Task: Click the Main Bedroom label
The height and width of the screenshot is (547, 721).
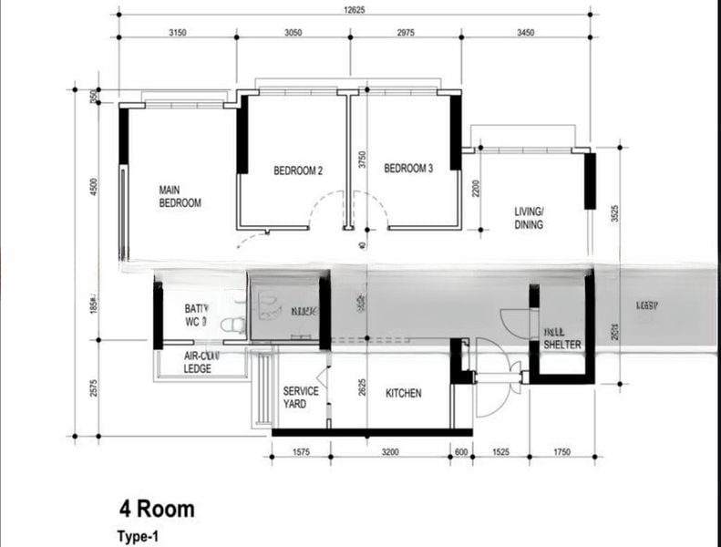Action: point(180,197)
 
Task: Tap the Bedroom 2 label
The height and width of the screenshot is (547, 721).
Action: point(298,170)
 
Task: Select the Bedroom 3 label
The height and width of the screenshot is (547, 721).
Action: point(408,169)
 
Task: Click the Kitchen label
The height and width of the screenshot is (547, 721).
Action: point(404,394)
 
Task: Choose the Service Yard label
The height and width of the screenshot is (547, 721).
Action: point(301,397)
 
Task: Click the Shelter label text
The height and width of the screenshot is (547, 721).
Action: point(561,346)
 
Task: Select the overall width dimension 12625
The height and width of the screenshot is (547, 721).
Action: point(357,10)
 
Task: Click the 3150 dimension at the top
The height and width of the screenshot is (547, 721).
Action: point(178,32)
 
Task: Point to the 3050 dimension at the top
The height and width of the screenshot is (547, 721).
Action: point(293,32)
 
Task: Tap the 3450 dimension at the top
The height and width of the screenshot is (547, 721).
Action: point(525,32)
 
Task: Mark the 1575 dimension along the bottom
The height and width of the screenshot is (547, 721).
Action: point(300,451)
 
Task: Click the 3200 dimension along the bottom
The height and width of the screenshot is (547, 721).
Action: point(390,451)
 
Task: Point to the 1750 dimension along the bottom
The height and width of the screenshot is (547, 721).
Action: point(561,451)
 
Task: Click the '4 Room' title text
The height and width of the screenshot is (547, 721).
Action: point(156,509)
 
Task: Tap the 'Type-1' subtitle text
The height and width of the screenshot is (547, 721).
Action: point(138,536)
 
